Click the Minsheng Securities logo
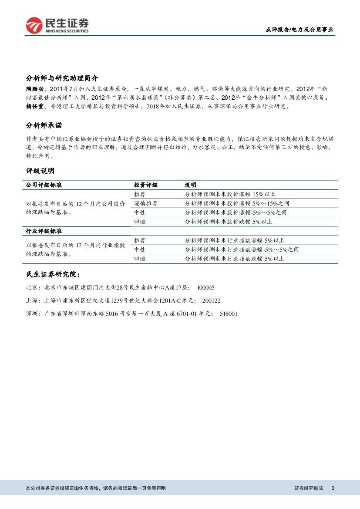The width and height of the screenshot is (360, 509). coord(57,26)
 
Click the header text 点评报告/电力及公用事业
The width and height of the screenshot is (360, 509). coord(299,30)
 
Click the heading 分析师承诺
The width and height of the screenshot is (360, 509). coord(44,125)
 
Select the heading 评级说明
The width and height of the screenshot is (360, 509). coord(40,171)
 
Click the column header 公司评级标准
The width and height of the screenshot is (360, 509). coord(44,185)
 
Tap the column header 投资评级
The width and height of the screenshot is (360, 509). coord(146,185)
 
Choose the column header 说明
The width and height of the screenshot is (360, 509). coord(191,185)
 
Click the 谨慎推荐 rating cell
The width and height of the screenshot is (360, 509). coord(146,203)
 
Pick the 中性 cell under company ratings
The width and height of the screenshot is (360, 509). coord(140,212)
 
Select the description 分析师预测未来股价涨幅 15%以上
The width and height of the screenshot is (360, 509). coord(230,194)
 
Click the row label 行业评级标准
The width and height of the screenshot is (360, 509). coord(44,231)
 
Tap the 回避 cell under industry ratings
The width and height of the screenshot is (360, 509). coord(140,259)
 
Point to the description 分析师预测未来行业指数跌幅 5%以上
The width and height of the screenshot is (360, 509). coord(234,259)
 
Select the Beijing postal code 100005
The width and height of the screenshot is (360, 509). coord(206,288)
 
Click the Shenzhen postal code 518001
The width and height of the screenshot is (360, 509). coord(229,313)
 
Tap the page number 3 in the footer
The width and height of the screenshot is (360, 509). coord(333,489)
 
